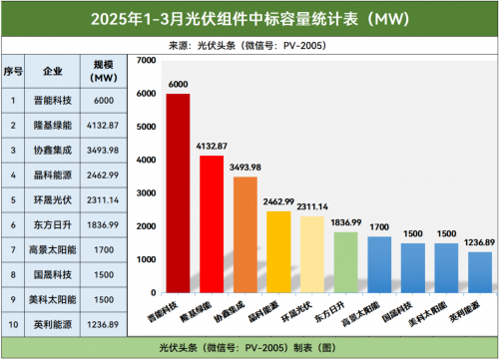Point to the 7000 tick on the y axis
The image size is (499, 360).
click(x=146, y=62)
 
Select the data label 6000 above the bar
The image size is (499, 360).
click(x=179, y=85)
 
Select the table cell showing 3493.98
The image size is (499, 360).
click(x=104, y=151)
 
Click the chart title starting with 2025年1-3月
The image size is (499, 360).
click(x=249, y=18)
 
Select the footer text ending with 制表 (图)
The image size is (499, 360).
click(x=249, y=348)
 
